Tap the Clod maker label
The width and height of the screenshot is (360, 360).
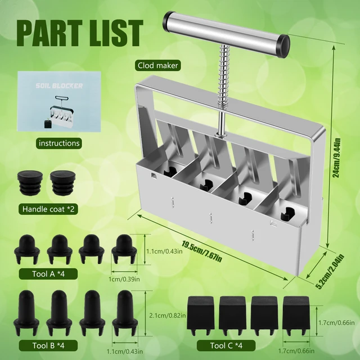[x=158, y=66]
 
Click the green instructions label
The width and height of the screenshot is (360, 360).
[x=58, y=143]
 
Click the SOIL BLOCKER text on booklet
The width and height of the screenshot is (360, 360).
[x=59, y=86]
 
